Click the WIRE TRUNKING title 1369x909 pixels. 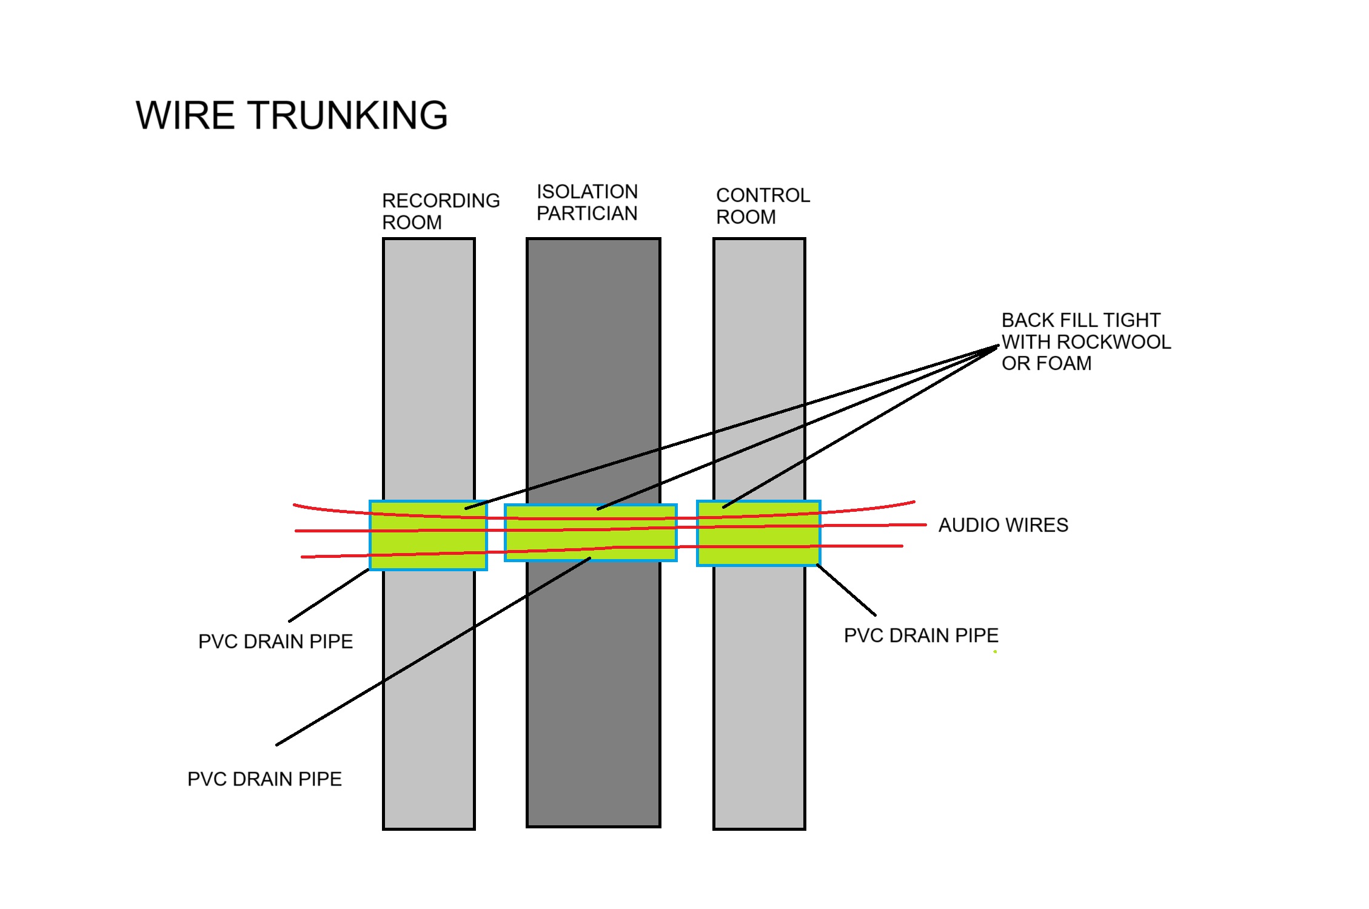click(x=292, y=115)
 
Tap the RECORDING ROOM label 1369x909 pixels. click(x=440, y=211)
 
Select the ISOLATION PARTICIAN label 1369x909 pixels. click(x=587, y=203)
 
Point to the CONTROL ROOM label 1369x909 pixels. click(x=762, y=206)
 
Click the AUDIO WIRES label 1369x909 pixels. click(x=1003, y=525)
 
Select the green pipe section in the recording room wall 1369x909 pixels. click(x=428, y=543)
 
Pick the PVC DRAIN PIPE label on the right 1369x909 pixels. click(x=920, y=636)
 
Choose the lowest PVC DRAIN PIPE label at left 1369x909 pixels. click(x=264, y=779)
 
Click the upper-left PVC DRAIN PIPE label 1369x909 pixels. click(x=275, y=642)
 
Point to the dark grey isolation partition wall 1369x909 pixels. click(x=593, y=364)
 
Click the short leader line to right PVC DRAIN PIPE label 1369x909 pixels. click(x=846, y=590)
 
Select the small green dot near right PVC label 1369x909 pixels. click(x=995, y=652)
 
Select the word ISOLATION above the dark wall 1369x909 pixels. click(x=587, y=192)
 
